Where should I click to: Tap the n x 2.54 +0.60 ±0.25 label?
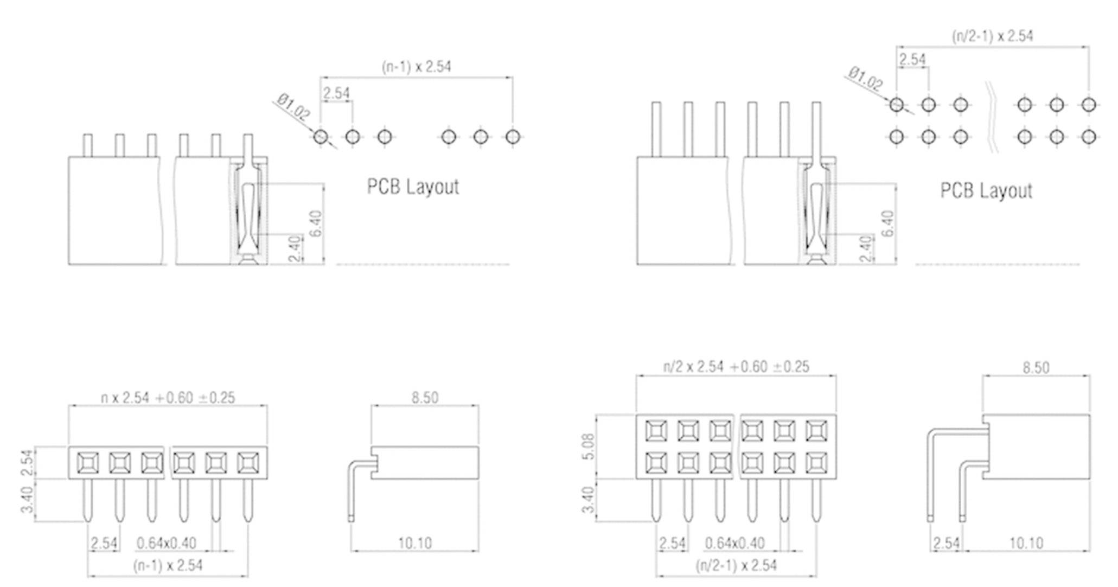[168, 398]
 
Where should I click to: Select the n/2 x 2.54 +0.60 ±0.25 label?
[736, 367]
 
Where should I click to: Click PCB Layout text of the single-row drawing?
[413, 187]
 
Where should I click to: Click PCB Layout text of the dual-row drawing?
[986, 191]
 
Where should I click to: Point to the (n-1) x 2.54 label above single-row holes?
[416, 67]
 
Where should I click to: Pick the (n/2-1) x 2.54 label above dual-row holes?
[992, 36]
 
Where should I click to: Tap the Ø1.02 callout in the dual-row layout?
[866, 79]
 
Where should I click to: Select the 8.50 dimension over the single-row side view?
[424, 398]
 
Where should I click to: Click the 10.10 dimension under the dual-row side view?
[1026, 543]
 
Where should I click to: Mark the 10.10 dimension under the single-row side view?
[415, 543]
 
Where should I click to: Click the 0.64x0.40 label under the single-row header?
[167, 543]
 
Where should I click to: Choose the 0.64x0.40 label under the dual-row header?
[734, 543]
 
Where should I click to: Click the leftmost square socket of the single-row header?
[88, 463]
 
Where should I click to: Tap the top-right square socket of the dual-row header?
[816, 431]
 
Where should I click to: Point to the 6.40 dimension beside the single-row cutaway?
[316, 223]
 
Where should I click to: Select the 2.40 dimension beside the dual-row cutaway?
[866, 248]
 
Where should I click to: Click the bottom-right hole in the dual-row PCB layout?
[1088, 137]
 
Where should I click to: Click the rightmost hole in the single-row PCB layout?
[513, 137]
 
